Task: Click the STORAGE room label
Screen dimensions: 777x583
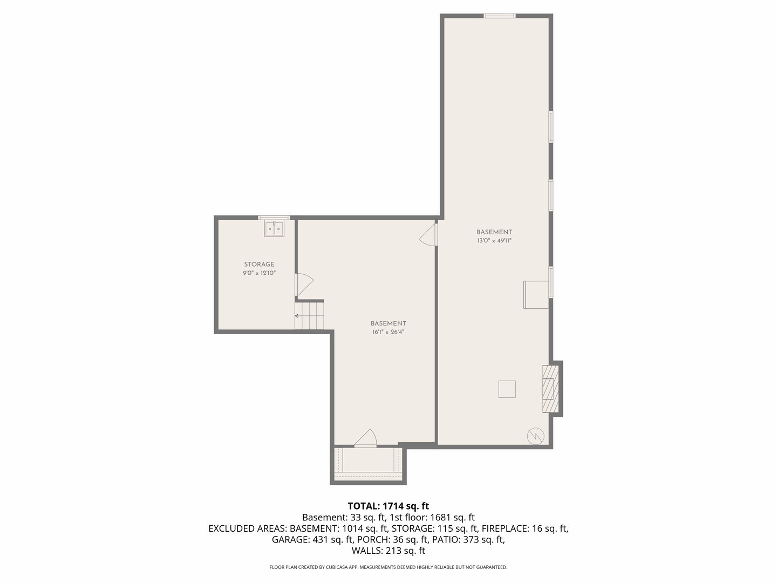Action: pyautogui.click(x=259, y=265)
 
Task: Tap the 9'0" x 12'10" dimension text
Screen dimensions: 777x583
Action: pyautogui.click(x=259, y=273)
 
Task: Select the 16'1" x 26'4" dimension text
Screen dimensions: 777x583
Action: pyautogui.click(x=388, y=332)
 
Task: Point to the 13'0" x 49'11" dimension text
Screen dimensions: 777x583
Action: pyautogui.click(x=494, y=241)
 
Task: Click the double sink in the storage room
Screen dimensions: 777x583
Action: pyautogui.click(x=274, y=229)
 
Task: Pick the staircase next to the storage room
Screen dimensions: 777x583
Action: pyautogui.click(x=309, y=315)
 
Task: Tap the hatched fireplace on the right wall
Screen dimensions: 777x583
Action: pyautogui.click(x=550, y=389)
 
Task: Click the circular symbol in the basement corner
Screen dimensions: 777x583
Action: pyautogui.click(x=536, y=437)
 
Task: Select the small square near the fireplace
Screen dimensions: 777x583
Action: pyautogui.click(x=507, y=389)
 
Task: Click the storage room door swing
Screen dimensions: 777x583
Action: pyautogui.click(x=304, y=284)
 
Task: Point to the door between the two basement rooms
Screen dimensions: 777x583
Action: pyautogui.click(x=428, y=234)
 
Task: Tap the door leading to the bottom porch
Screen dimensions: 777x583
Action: pyautogui.click(x=366, y=438)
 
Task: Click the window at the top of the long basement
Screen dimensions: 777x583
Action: pyautogui.click(x=500, y=16)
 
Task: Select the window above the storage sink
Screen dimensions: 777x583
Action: pyautogui.click(x=274, y=218)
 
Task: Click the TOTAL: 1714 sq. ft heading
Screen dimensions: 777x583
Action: pyautogui.click(x=388, y=506)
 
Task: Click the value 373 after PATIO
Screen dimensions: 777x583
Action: pyautogui.click(x=471, y=539)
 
